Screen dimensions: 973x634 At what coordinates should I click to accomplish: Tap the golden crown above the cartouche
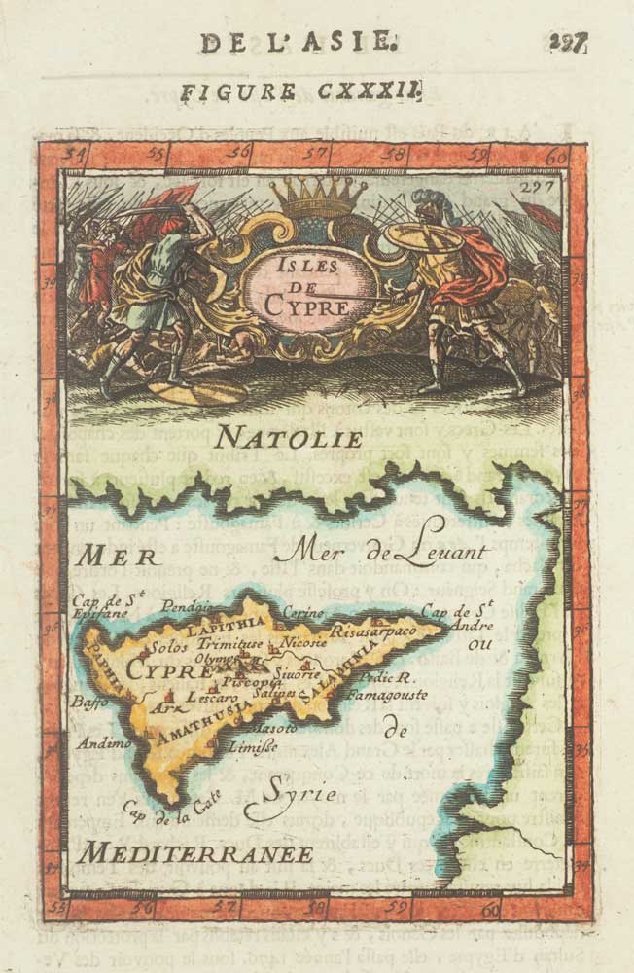tap(317, 197)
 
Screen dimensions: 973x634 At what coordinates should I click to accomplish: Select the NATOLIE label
tap(290, 437)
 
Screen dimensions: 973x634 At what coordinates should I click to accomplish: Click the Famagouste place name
tap(393, 696)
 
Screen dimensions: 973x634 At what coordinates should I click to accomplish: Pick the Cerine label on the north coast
tap(302, 612)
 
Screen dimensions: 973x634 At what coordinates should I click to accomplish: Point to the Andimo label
tap(106, 742)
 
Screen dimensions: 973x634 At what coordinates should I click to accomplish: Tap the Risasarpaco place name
tap(373, 631)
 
